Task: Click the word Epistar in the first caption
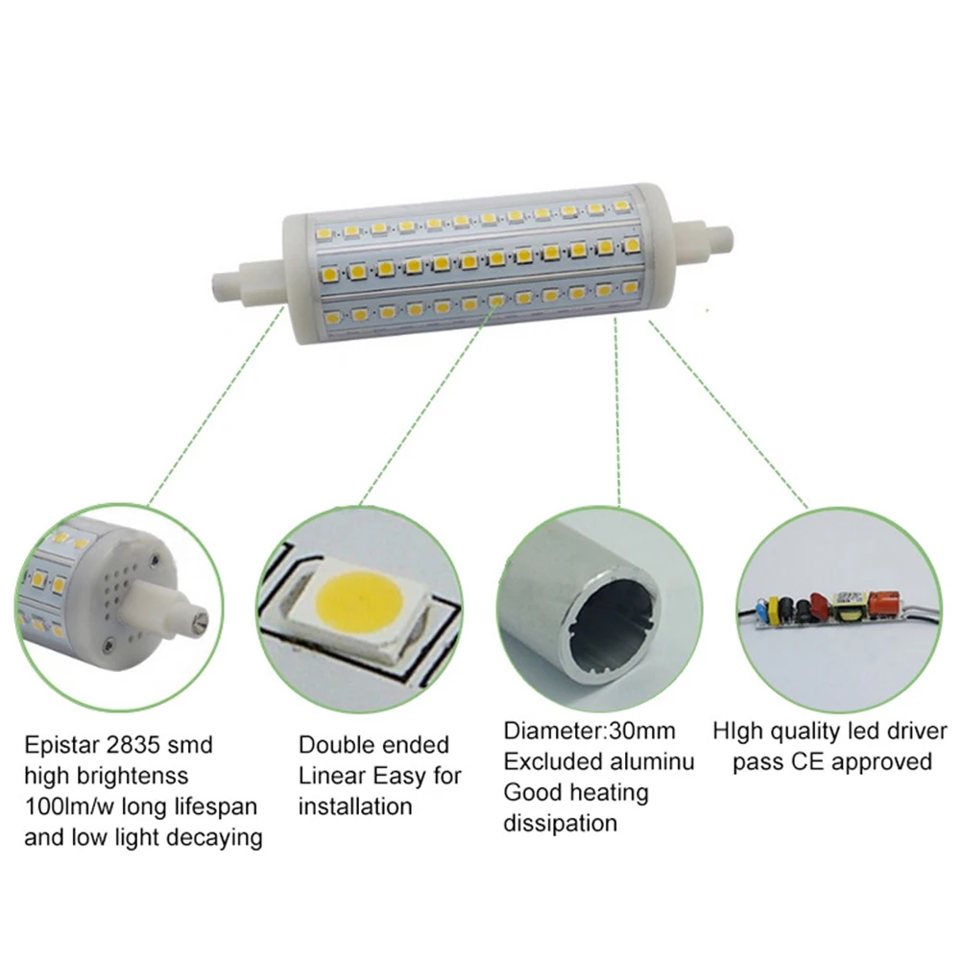click(60, 744)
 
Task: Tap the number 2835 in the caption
click(138, 744)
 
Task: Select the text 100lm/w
click(68, 805)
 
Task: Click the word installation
click(354, 805)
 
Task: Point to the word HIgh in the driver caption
click(737, 732)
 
